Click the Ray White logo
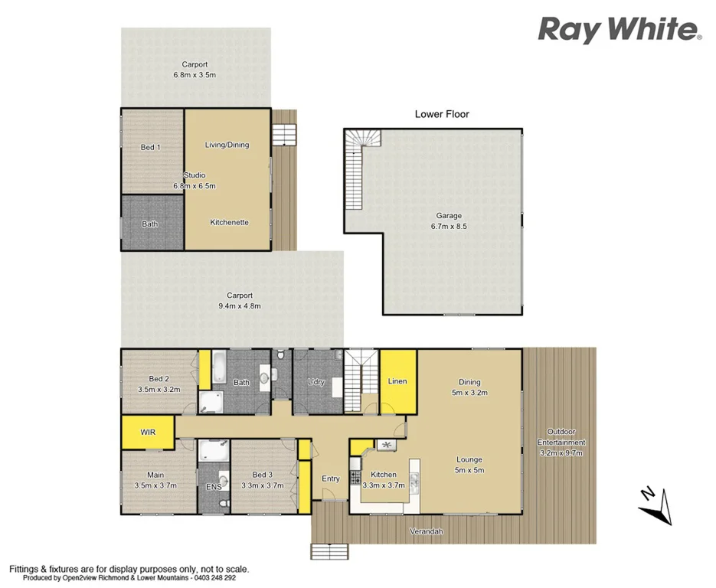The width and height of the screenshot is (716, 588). [x=620, y=30]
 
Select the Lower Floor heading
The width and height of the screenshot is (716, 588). [x=442, y=114]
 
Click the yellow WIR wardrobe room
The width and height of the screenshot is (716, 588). [x=148, y=433]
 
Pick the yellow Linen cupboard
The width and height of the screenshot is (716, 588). [x=397, y=381]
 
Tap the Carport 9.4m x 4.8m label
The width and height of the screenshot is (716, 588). [x=239, y=300]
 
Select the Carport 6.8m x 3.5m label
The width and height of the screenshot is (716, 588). [x=196, y=70]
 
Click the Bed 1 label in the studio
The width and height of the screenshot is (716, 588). [x=150, y=147]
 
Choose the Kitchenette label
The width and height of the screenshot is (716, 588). [x=230, y=222]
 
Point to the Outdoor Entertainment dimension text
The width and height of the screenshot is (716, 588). [x=561, y=452]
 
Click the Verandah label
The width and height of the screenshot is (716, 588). [x=427, y=531]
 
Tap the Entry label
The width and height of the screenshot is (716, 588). [x=330, y=479]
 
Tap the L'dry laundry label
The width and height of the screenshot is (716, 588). [x=317, y=381]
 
